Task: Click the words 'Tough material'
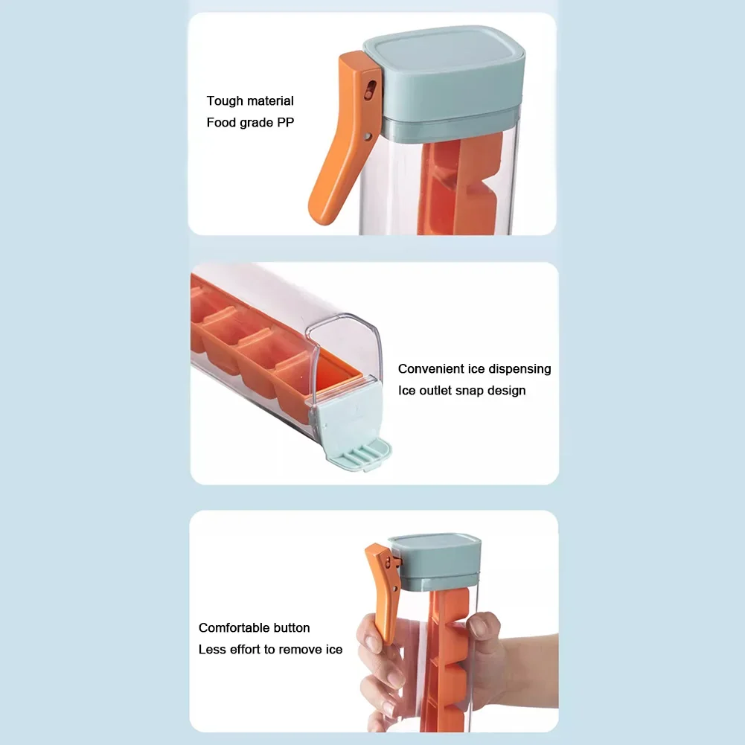[250, 101]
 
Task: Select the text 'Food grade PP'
[250, 122]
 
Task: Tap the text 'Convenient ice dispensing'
[474, 369]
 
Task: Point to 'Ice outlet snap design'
[461, 391]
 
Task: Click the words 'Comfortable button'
[254, 628]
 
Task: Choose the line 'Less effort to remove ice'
[270, 650]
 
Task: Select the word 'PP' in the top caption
[286, 122]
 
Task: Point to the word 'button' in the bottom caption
[290, 628]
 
